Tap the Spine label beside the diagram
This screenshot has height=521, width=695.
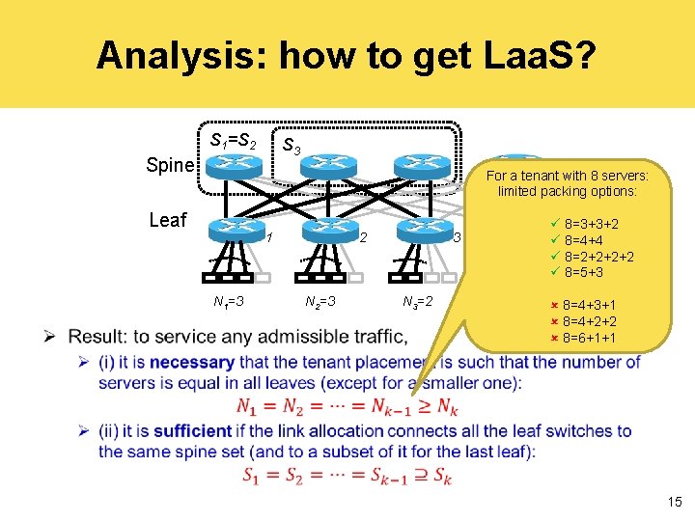pyautogui.click(x=170, y=165)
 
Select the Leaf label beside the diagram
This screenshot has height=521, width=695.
pyautogui.click(x=168, y=219)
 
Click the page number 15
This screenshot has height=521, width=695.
pyautogui.click(x=673, y=502)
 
